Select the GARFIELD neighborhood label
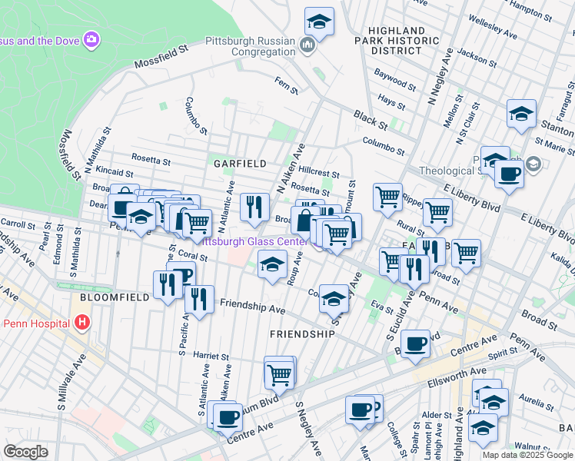click(x=240, y=164)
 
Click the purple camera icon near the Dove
click(x=91, y=38)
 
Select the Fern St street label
click(x=287, y=85)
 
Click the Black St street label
click(x=371, y=118)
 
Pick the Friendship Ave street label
click(x=252, y=309)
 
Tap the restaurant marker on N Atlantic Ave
click(x=254, y=206)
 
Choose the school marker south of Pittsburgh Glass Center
click(x=271, y=265)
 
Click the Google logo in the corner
click(x=25, y=452)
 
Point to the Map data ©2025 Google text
click(x=527, y=455)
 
